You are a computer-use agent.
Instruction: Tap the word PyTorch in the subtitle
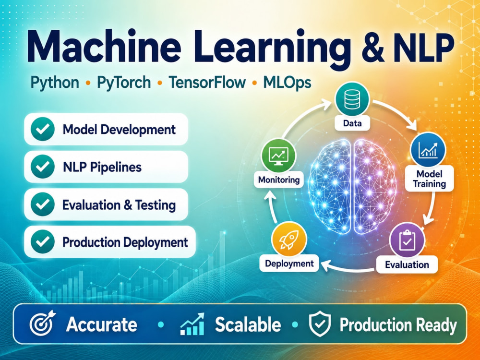124,83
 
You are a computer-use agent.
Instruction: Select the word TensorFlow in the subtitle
207,83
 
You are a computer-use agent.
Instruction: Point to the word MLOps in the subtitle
287,83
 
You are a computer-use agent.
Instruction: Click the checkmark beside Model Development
43,129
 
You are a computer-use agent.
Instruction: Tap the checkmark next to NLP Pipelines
43,167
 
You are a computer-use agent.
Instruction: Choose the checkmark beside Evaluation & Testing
43,204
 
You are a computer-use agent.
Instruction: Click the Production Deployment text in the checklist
125,242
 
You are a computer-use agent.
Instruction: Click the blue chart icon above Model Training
428,150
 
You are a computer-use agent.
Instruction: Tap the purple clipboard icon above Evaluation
407,240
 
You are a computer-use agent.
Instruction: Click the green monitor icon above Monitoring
278,156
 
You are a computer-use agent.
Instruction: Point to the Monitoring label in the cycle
278,180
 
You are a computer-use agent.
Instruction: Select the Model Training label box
429,179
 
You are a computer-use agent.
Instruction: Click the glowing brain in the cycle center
352,187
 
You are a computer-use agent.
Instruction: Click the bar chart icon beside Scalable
192,324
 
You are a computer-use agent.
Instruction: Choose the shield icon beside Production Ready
320,324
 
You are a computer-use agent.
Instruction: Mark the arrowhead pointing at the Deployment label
325,265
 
